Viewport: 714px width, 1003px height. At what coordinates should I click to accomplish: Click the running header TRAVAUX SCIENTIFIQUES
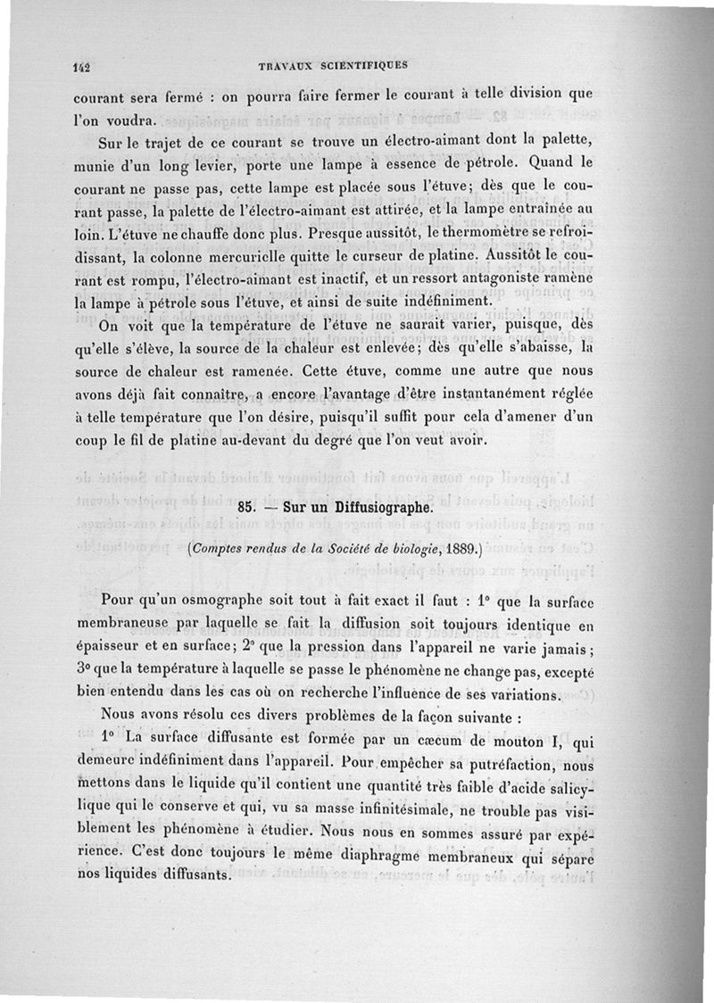(331, 64)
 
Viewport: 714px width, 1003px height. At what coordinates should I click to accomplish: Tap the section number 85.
(249, 507)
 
